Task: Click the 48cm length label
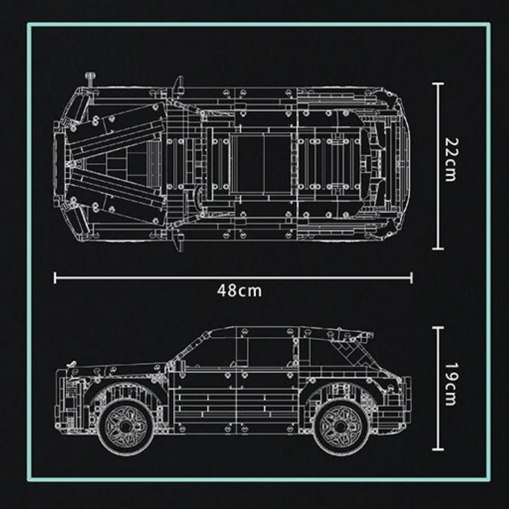point(239,291)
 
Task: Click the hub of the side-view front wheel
point(125,426)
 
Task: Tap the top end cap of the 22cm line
point(437,83)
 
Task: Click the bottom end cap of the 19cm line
point(437,448)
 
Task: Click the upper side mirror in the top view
point(178,83)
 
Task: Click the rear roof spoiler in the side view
point(355,335)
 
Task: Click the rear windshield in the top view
point(371,159)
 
